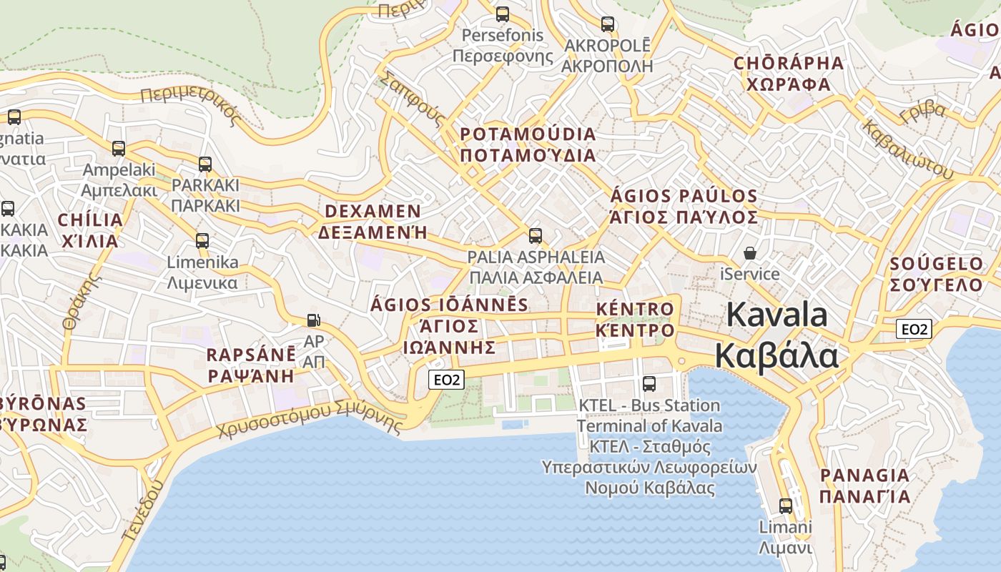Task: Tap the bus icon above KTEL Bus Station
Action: pos(649,383)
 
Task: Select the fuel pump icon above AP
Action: pos(313,320)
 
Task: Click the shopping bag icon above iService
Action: pos(749,253)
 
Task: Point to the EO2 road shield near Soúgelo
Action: pos(914,329)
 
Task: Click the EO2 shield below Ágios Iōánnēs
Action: pos(446,380)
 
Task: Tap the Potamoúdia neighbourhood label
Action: pos(528,144)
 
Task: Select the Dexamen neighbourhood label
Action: pos(373,222)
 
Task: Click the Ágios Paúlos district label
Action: pos(684,206)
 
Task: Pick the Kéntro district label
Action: pos(635,320)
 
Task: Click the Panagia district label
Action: pos(864,485)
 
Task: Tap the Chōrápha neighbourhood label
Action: pos(789,74)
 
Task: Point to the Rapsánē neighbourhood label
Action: pos(251,365)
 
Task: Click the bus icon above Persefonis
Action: pos(503,14)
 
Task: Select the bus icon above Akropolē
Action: pos(607,24)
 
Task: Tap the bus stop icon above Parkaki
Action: pos(205,164)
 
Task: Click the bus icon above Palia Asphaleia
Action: pos(535,235)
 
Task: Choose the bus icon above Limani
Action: pos(785,506)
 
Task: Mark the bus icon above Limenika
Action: pos(202,240)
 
